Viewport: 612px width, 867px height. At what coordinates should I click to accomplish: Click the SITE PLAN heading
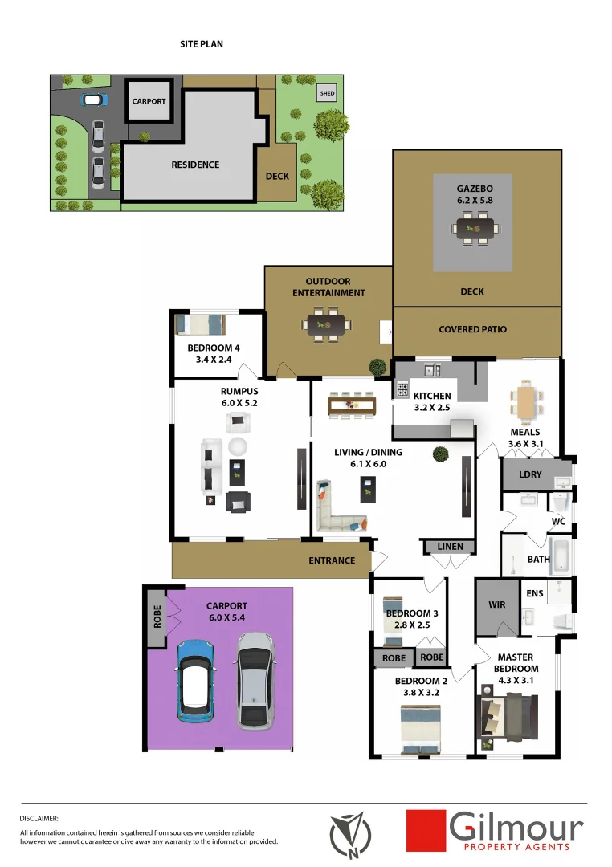[x=202, y=44]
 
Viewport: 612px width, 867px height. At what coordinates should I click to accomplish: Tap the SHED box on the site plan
[x=327, y=94]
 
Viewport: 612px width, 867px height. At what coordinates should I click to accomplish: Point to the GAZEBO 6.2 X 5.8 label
[x=472, y=196]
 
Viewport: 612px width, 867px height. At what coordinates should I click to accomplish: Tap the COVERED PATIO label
[x=473, y=329]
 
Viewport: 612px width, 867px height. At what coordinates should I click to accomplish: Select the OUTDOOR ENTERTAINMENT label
[x=328, y=287]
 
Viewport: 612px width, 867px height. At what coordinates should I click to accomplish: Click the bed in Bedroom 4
[x=201, y=324]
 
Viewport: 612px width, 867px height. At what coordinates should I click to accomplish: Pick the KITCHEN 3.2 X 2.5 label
[x=432, y=401]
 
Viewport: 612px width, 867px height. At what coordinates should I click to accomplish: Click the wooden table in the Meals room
[x=525, y=401]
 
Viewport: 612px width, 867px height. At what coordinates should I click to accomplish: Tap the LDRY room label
[x=530, y=474]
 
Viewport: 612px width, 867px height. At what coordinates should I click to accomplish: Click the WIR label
[x=497, y=604]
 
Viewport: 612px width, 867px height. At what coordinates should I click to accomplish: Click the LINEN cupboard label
[x=450, y=547]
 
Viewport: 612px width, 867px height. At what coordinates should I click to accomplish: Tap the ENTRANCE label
[x=332, y=560]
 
